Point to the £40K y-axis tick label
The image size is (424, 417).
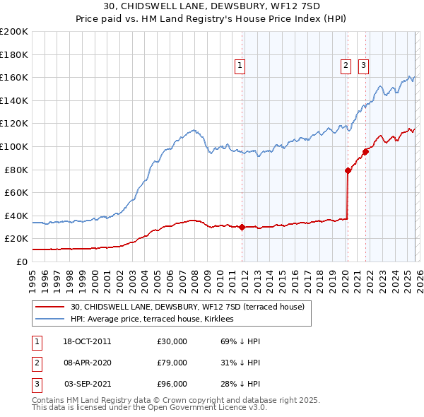point(16,216)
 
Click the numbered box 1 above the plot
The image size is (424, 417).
point(240,66)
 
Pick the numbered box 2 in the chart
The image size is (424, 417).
point(346,66)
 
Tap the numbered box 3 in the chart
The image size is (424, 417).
point(363,66)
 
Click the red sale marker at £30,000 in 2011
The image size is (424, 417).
point(242,227)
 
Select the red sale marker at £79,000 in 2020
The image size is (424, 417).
point(348,170)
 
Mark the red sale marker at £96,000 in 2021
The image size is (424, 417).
point(365,151)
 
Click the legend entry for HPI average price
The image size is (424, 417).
point(156,319)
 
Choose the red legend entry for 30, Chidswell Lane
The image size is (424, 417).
point(187,307)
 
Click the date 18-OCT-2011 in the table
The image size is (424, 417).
point(88,341)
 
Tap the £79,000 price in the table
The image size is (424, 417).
point(172,363)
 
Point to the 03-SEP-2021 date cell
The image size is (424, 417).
point(88,384)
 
